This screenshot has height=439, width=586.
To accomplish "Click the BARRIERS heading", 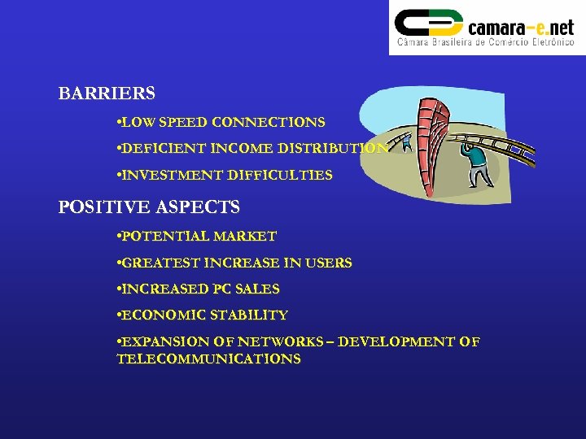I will click(x=107, y=93).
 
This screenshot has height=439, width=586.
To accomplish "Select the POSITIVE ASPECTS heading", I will click(x=149, y=207).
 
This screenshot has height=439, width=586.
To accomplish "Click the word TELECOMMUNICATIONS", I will click(x=208, y=359).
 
